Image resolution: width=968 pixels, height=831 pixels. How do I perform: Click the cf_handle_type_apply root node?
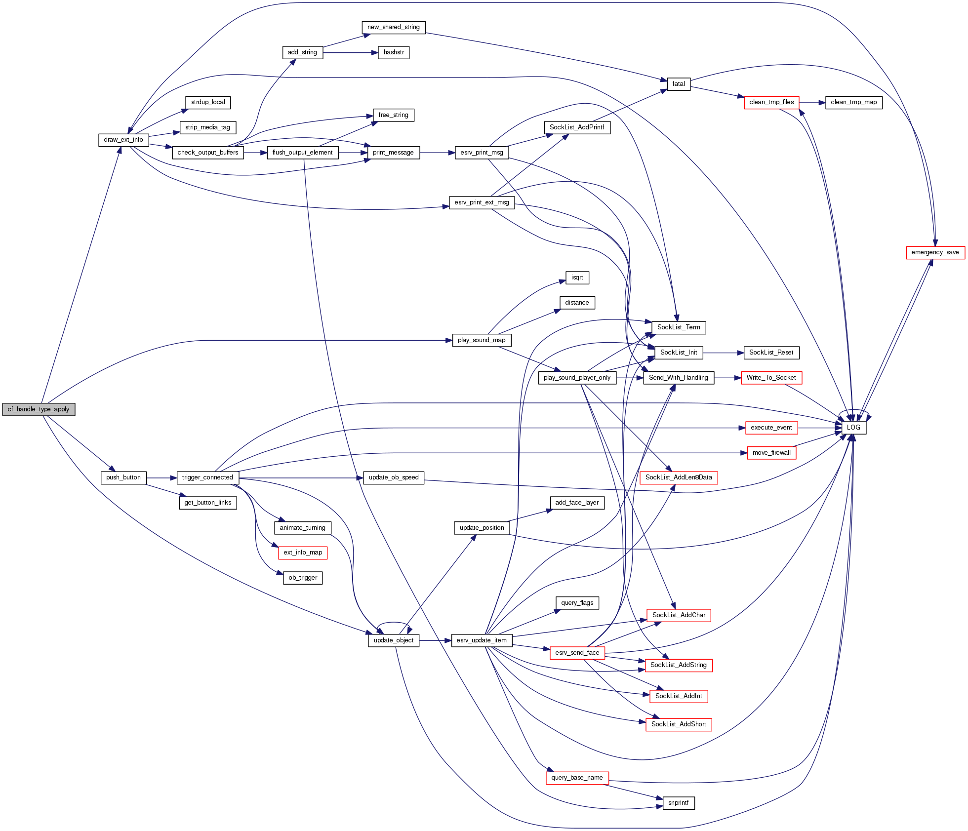pos(39,409)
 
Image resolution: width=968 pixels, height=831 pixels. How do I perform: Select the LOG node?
pos(853,428)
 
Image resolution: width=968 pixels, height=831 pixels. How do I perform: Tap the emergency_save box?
pos(935,252)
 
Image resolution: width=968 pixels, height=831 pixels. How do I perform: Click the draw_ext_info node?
pos(123,140)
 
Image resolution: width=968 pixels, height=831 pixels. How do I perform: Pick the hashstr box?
pos(394,52)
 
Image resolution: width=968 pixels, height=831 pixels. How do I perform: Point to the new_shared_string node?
pos(393,27)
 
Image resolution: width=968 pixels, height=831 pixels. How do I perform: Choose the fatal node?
pos(679,84)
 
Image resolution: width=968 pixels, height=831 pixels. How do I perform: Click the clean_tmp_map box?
pos(853,102)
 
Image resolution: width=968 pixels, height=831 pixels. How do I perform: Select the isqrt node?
pos(577,277)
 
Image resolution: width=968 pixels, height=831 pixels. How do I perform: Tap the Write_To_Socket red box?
pos(771,378)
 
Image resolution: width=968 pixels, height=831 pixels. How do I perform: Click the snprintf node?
pos(678,803)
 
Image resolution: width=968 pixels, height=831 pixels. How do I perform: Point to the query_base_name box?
pos(577,778)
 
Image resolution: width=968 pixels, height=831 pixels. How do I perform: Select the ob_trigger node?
pos(303,578)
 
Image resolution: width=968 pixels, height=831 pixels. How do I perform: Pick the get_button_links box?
pos(207,503)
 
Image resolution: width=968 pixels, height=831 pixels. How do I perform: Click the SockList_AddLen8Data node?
pos(679,477)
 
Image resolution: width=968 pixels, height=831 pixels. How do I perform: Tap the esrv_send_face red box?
pos(577,653)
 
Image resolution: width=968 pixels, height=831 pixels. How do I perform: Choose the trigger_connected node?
pos(207,477)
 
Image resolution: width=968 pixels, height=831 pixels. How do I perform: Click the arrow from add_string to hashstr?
pos(350,52)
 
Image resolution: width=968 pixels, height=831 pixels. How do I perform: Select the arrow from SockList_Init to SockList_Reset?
pos(723,353)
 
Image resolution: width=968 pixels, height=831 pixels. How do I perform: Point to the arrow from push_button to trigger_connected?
pos(161,478)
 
